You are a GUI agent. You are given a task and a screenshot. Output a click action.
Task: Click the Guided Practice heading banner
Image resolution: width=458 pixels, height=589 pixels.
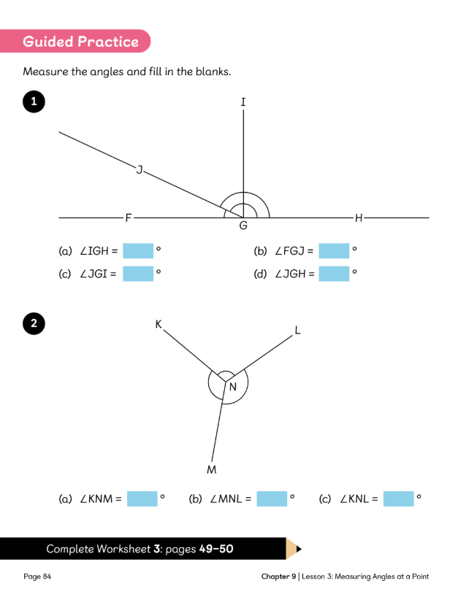pyautogui.click(x=80, y=42)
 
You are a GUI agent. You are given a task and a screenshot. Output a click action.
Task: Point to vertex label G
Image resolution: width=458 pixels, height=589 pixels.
pyautogui.click(x=243, y=226)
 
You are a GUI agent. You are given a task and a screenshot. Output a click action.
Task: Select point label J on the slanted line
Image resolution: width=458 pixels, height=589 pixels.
pyautogui.click(x=139, y=169)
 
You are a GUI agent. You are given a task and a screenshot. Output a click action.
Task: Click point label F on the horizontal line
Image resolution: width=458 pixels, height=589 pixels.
pyautogui.click(x=129, y=217)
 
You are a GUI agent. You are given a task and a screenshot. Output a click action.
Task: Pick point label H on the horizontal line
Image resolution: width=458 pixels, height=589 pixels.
pyautogui.click(x=358, y=217)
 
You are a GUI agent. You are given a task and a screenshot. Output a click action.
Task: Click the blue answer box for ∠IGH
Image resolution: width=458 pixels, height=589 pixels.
pyautogui.click(x=138, y=251)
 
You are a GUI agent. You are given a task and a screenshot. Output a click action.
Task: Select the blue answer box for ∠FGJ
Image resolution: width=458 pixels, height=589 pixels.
pyautogui.click(x=334, y=251)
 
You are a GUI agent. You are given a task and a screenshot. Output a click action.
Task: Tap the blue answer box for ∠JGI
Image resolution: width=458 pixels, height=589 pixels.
pyautogui.click(x=138, y=274)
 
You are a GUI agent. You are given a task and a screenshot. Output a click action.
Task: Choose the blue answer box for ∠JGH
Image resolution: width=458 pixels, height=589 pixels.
pyautogui.click(x=334, y=274)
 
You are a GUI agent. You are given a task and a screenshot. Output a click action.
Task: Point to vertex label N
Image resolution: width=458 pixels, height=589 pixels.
pyautogui.click(x=233, y=387)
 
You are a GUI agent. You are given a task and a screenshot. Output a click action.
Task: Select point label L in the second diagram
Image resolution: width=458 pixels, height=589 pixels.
pyautogui.click(x=297, y=330)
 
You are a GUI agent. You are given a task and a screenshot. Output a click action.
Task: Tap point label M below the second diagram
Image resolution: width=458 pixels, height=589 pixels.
pyautogui.click(x=211, y=469)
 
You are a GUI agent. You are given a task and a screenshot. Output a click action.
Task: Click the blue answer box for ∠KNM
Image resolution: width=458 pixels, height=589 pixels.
pyautogui.click(x=142, y=499)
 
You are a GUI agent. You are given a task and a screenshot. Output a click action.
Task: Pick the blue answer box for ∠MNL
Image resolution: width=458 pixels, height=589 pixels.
pyautogui.click(x=272, y=499)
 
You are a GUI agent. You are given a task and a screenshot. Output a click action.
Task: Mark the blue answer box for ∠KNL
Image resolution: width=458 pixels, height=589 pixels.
pyautogui.click(x=398, y=499)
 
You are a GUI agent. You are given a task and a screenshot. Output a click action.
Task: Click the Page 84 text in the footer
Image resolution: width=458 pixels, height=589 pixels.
pyautogui.click(x=37, y=577)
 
